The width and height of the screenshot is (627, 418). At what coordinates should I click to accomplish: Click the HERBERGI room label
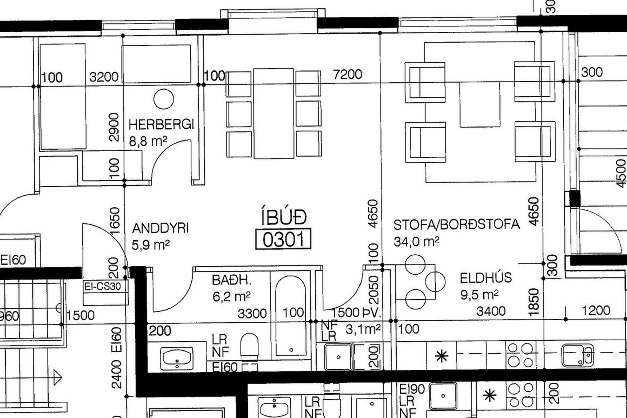coord(161,124)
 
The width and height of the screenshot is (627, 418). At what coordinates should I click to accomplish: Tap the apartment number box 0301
coord(283,239)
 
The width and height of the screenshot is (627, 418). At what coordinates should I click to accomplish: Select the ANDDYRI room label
coord(160,228)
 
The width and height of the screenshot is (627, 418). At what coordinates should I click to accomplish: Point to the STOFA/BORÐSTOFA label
coord(457,224)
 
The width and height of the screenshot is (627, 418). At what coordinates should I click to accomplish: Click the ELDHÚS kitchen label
coord(486,278)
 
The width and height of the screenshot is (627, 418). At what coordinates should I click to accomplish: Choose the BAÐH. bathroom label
coord(232,280)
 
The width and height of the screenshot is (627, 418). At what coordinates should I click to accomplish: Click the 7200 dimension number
coord(347,74)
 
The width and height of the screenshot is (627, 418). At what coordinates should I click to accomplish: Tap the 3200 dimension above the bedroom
coord(104,77)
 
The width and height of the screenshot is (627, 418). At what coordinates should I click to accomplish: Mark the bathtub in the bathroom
coord(291,315)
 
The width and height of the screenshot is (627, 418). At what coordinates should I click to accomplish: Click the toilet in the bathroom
coord(249,345)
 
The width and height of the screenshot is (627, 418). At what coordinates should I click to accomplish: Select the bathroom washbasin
coord(177,358)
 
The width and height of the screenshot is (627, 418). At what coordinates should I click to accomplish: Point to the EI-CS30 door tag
coord(103,286)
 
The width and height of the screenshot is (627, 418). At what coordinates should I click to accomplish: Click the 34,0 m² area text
coord(416,241)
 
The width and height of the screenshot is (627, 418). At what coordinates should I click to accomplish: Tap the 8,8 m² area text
coord(148,141)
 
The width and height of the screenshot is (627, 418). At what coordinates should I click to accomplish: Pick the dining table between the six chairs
coord(274,113)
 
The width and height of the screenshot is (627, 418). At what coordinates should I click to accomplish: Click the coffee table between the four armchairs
coord(480,104)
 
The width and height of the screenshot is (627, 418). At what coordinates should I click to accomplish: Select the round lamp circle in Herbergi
coord(164,99)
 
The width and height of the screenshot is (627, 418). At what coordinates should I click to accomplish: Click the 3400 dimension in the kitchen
coord(491,311)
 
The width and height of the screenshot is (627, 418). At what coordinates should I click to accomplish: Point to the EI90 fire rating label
coord(412,389)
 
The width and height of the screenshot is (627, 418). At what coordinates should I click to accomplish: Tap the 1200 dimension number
coord(596,310)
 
